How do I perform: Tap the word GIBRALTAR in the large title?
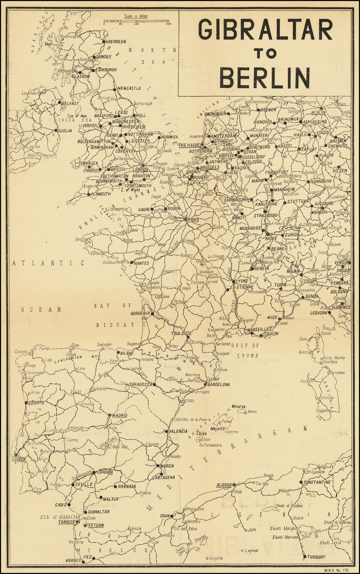[265, 30]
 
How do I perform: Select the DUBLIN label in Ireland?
[65, 131]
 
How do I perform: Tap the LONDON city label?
[141, 169]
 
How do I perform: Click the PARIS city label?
[194, 220]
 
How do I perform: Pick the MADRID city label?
[120, 415]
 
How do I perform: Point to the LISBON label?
[19, 458]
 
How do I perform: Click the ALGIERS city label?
[224, 485]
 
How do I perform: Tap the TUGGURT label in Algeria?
[316, 557]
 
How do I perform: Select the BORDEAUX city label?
[141, 313]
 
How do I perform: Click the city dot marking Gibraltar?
[85, 512]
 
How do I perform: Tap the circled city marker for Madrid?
[110, 415]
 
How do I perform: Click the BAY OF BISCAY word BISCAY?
[115, 325]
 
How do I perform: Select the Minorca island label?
[238, 406]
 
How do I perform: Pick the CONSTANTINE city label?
[317, 482]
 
